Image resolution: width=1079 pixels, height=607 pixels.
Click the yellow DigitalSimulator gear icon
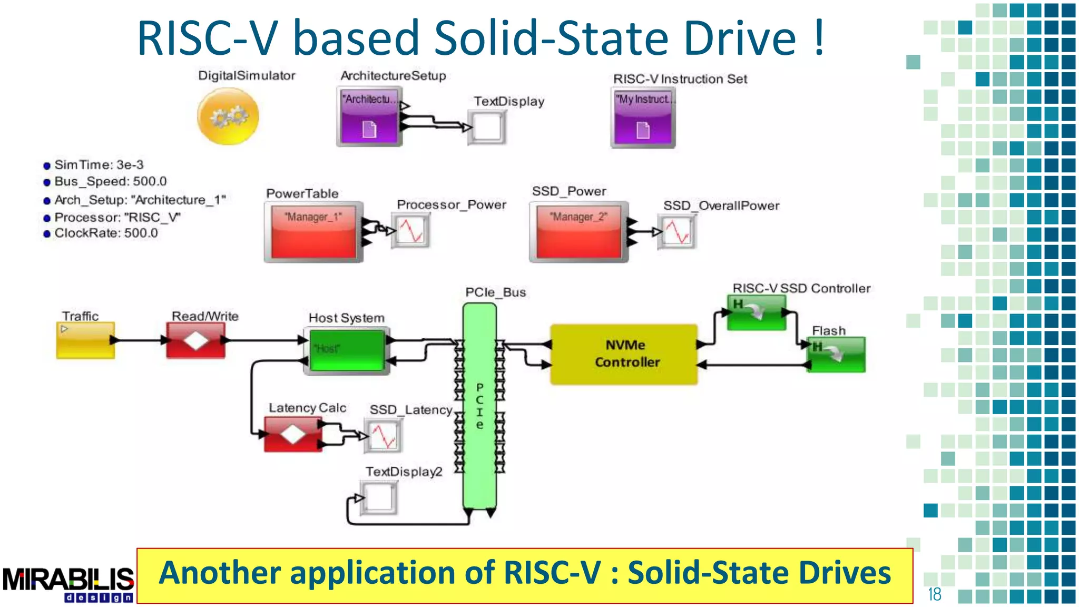click(228, 116)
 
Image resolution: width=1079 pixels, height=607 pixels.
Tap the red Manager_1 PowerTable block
click(313, 232)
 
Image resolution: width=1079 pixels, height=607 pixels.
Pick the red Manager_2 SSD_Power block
click(578, 232)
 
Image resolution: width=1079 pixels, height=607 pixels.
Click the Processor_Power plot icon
click(410, 230)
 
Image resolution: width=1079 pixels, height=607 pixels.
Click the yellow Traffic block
click(85, 340)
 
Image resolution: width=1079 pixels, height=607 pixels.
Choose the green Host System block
click(347, 350)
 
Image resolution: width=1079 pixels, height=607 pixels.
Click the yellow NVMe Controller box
click(624, 354)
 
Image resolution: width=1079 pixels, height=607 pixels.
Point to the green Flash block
click(836, 355)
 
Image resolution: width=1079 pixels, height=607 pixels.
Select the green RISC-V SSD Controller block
click(757, 312)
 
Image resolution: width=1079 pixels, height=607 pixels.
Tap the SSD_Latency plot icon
click(383, 436)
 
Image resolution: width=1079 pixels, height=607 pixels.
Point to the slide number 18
click(934, 594)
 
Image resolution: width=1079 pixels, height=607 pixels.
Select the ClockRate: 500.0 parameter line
click(105, 233)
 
